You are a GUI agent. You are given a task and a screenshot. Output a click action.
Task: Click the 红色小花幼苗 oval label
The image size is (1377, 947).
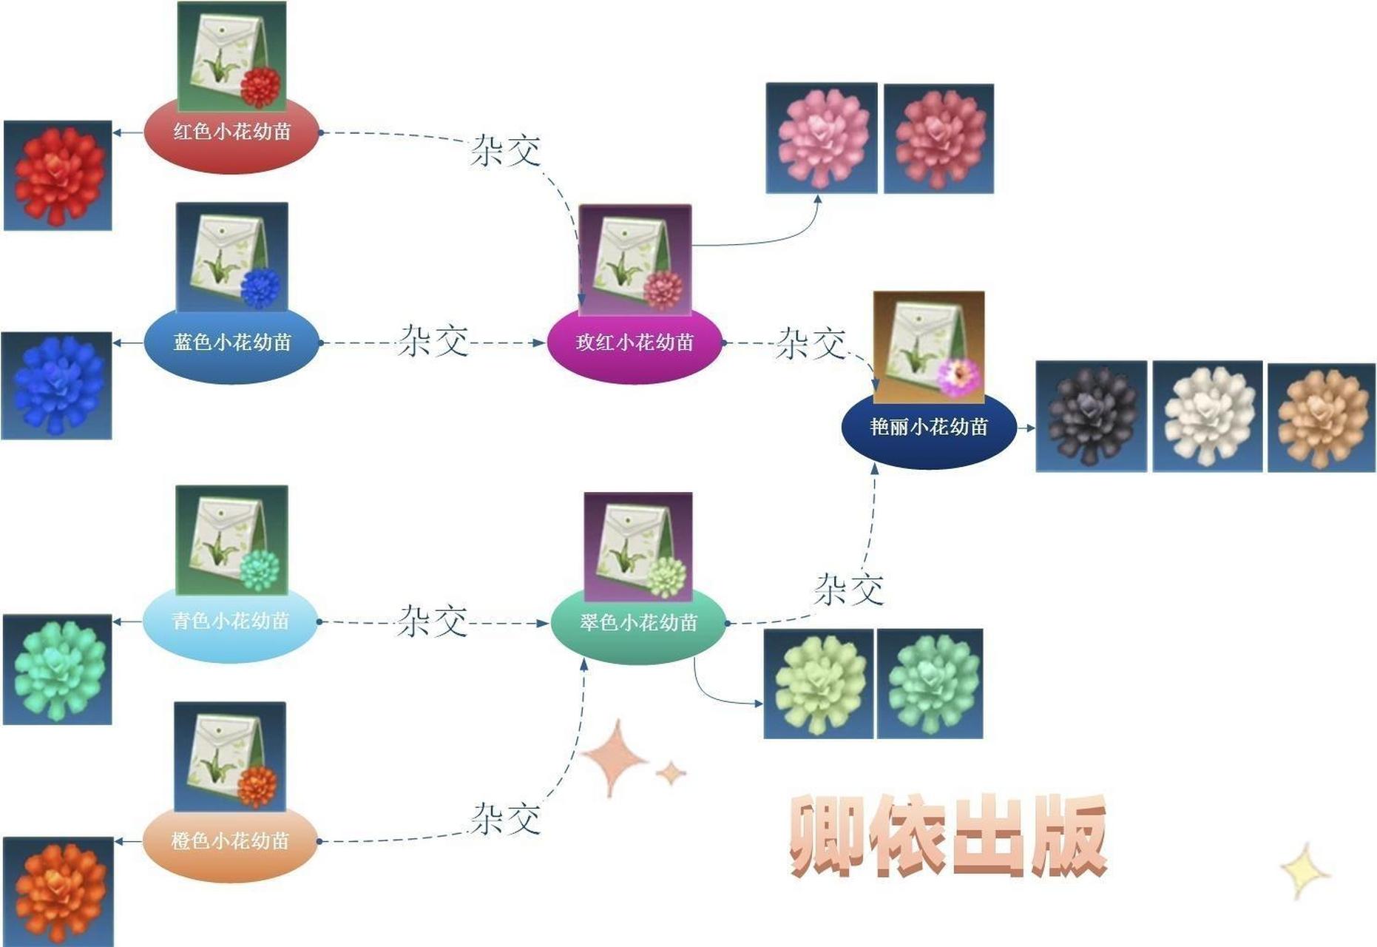[231, 133]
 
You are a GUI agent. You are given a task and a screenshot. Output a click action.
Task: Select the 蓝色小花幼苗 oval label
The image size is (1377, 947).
[231, 343]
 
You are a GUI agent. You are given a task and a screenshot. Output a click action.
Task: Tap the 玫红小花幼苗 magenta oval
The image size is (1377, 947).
[635, 343]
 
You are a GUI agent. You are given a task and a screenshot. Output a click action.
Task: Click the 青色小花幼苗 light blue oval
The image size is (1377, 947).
[230, 621]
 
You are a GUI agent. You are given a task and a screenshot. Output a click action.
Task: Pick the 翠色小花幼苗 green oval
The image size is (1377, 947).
[638, 623]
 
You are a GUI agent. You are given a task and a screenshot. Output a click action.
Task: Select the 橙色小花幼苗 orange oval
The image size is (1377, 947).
[230, 841]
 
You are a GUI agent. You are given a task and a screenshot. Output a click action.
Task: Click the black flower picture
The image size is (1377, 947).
[1091, 416]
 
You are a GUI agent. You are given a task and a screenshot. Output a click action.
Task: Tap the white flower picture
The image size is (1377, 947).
[1208, 416]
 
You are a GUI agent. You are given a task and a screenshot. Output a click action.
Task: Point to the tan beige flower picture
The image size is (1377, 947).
[1322, 417]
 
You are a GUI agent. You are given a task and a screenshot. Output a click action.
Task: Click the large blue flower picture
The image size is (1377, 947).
[57, 385]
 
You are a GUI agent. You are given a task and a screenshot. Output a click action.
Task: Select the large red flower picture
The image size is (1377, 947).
[58, 175]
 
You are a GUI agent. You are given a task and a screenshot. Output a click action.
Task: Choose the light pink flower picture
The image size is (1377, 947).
[822, 138]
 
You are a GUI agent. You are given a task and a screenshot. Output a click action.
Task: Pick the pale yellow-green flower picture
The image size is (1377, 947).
[819, 684]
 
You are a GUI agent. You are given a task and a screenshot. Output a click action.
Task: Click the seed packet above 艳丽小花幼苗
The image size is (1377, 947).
[929, 346]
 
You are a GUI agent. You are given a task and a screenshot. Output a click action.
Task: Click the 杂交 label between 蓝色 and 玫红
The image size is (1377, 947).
[433, 341]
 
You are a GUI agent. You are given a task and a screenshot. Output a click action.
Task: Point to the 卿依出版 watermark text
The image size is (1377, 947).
[948, 836]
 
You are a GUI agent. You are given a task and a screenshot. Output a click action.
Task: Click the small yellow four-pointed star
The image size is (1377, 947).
[1304, 872]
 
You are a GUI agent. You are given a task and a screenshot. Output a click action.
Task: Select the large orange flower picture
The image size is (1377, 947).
[58, 892]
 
